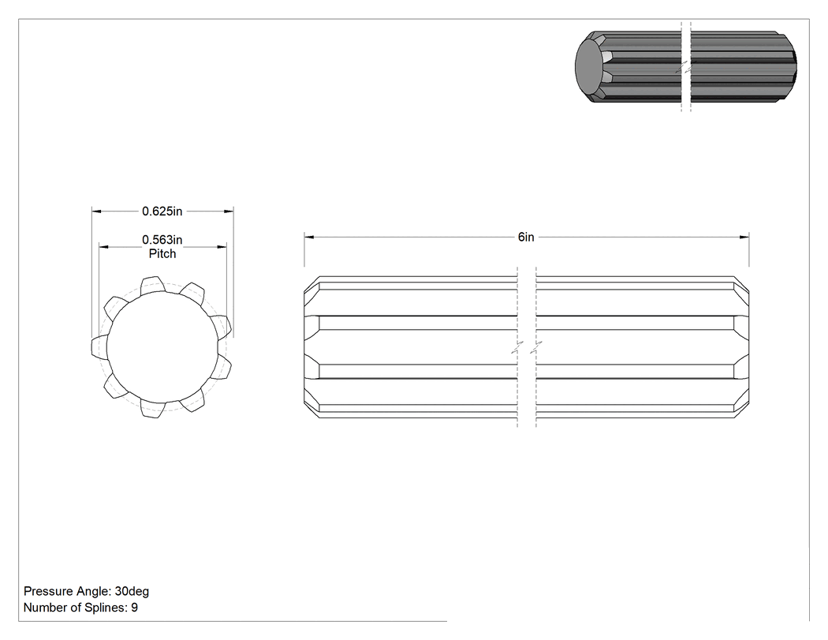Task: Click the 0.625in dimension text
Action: coord(162,211)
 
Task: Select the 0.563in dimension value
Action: coord(162,240)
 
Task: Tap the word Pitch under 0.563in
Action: coord(162,253)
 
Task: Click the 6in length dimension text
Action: coord(526,238)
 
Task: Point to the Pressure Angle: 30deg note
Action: coord(87,591)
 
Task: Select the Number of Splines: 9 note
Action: coord(80,608)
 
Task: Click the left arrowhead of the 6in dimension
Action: coord(309,238)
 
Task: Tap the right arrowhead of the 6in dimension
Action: coord(744,238)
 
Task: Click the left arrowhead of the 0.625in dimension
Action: coord(97,211)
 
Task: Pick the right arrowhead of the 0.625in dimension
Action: coord(229,211)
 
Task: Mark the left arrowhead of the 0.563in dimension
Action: coord(104,247)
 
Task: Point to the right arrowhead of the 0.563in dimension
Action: coord(222,247)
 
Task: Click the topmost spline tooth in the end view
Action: coord(152,284)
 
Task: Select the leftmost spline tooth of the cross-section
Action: coord(100,346)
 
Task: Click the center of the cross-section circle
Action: coord(162,347)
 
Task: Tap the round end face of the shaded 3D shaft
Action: coord(589,66)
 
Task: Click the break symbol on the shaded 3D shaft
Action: coord(686,67)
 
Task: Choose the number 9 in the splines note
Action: coord(135,608)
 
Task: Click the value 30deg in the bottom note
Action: coord(132,591)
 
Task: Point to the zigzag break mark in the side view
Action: coord(527,347)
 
